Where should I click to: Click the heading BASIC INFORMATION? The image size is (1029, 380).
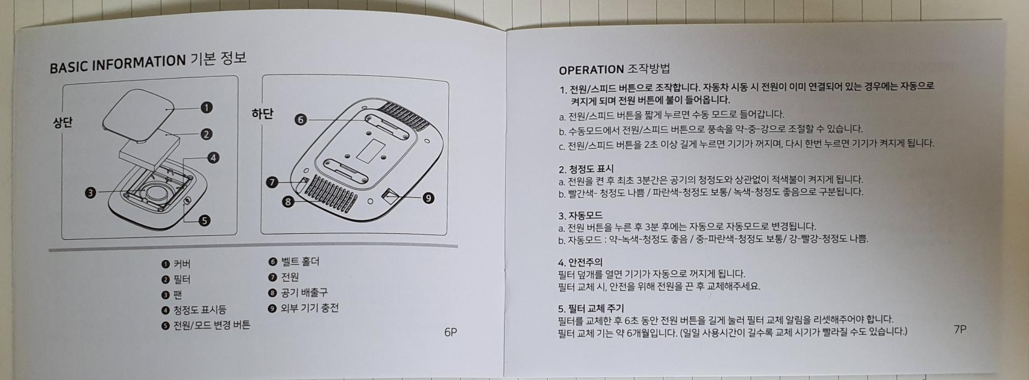click(x=117, y=63)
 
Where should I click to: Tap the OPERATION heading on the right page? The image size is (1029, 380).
click(x=591, y=70)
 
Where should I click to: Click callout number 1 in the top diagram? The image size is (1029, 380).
click(x=207, y=108)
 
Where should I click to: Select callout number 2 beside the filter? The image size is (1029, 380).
click(x=206, y=134)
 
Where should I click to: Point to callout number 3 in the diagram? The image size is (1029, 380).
click(x=90, y=192)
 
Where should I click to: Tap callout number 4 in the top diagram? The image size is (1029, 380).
click(x=213, y=158)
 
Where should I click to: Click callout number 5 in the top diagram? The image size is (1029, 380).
click(x=204, y=220)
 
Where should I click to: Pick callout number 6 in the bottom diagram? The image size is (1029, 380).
click(x=301, y=120)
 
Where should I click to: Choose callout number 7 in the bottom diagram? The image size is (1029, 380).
click(x=272, y=182)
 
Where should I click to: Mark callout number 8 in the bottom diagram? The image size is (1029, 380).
click(x=288, y=202)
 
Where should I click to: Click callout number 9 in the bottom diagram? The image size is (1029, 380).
click(x=428, y=198)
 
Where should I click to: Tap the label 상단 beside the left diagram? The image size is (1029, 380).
click(x=62, y=122)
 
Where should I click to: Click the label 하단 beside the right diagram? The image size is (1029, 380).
click(x=262, y=114)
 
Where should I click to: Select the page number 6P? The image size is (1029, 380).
click(x=450, y=332)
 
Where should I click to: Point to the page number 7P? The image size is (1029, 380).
click(x=960, y=329)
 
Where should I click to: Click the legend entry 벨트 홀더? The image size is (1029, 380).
click(x=300, y=261)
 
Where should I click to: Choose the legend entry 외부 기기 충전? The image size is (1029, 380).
click(x=309, y=308)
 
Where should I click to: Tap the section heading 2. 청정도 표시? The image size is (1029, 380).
click(x=586, y=169)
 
